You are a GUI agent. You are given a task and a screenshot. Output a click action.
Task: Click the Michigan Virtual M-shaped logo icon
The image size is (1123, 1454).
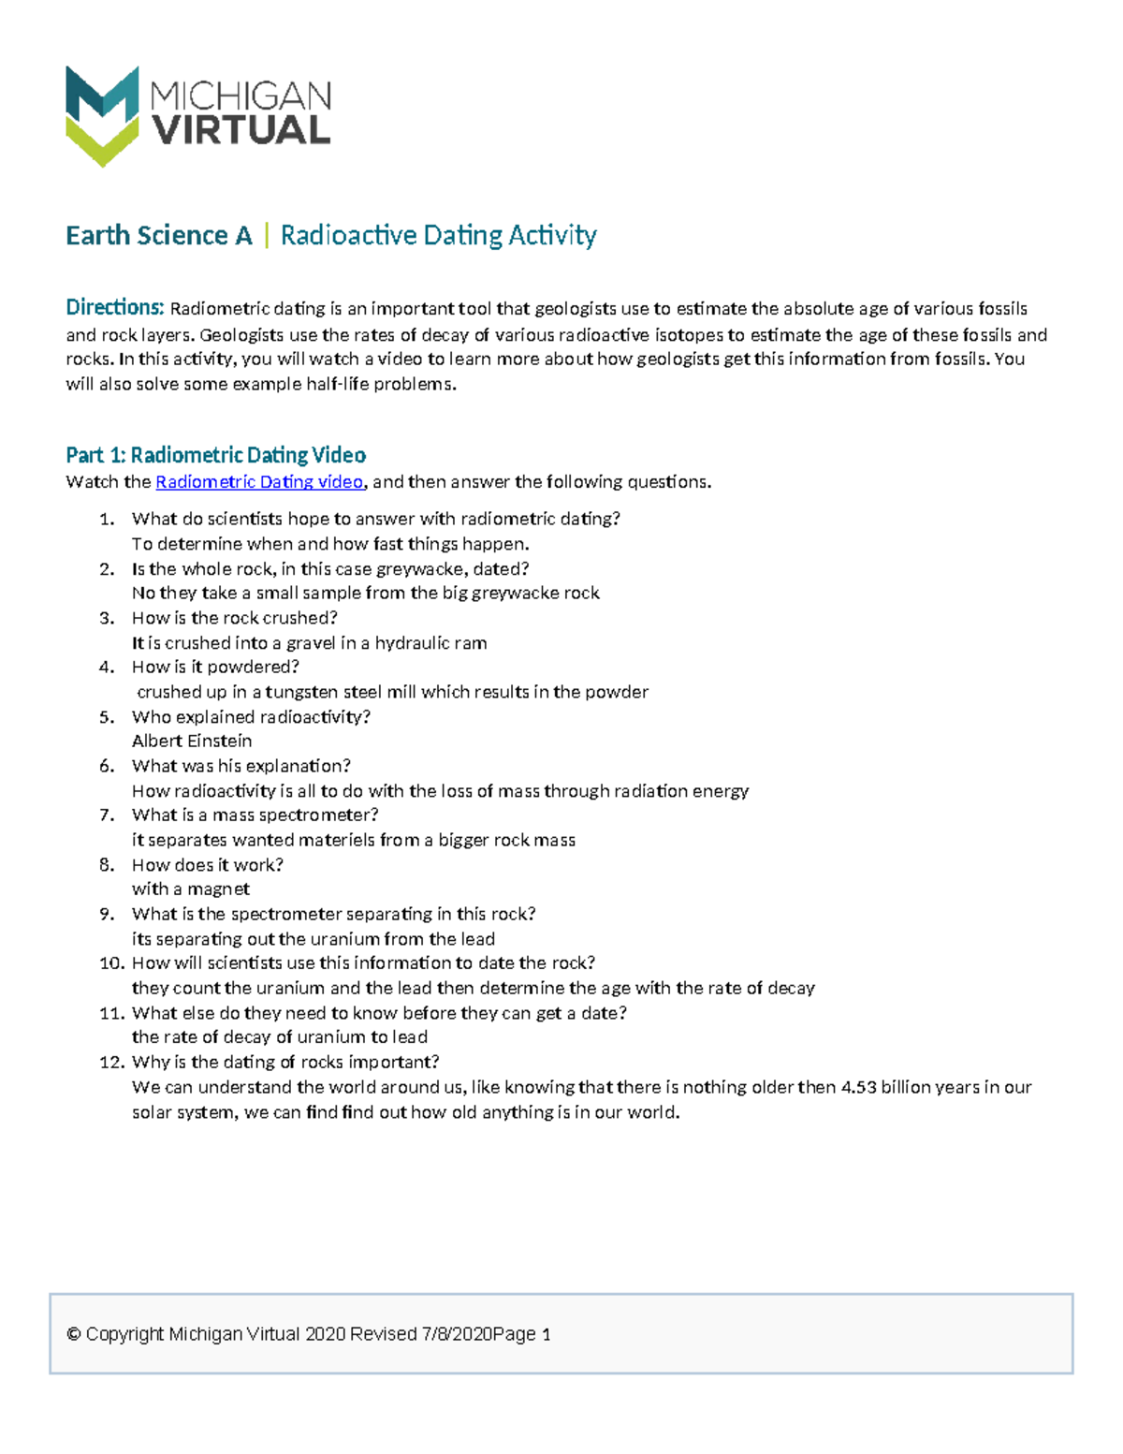tap(102, 115)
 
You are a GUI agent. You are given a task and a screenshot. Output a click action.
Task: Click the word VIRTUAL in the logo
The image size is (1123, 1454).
tap(241, 131)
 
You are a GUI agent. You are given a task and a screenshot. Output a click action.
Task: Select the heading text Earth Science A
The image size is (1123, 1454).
tap(158, 235)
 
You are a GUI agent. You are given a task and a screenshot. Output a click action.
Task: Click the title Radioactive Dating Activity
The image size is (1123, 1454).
tap(438, 235)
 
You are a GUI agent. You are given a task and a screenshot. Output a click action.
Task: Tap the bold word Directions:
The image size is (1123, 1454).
tap(114, 308)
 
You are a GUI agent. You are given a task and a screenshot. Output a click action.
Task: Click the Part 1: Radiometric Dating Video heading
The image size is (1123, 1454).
tap(215, 455)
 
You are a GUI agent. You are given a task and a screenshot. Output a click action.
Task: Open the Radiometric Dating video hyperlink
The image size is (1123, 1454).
tap(259, 482)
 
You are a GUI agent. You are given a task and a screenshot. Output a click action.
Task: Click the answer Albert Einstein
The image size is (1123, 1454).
tap(192, 741)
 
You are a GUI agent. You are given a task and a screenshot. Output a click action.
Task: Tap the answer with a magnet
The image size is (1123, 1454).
tap(191, 889)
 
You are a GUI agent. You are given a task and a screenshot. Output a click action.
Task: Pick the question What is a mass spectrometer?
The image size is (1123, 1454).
tap(255, 815)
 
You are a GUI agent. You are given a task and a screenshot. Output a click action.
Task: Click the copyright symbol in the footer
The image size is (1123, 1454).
tap(74, 1334)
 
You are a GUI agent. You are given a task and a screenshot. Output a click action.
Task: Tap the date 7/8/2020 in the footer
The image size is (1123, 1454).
tap(457, 1334)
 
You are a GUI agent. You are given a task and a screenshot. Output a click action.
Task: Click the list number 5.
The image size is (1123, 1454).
tap(107, 717)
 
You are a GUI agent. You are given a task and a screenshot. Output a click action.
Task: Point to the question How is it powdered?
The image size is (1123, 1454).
tap(215, 668)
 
